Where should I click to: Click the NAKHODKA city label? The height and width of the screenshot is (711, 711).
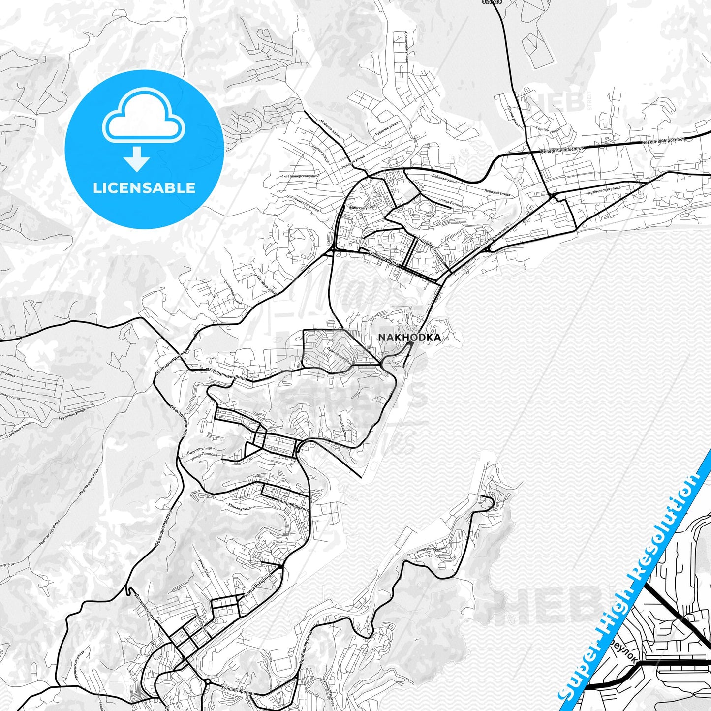pyautogui.click(x=409, y=338)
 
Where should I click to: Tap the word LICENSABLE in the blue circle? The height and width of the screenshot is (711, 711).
pyautogui.click(x=144, y=188)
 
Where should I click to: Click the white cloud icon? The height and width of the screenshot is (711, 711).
pyautogui.click(x=144, y=119)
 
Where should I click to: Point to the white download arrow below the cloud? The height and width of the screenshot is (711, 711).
pyautogui.click(x=137, y=158)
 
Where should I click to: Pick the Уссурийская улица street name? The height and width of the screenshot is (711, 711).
pyautogui.click(x=303, y=203)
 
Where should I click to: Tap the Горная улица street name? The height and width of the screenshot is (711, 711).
pyautogui.click(x=548, y=130)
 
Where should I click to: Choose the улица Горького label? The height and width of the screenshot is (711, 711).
pyautogui.click(x=294, y=506)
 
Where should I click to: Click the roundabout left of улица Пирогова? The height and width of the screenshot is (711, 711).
pyautogui.click(x=208, y=682)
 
